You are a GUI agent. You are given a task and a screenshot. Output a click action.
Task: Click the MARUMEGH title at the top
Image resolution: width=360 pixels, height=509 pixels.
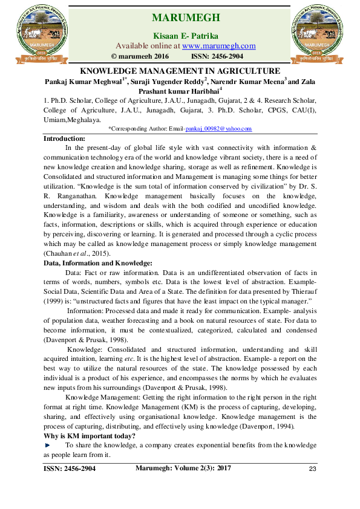[186, 16]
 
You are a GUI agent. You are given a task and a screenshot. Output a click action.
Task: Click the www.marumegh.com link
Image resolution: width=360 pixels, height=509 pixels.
[218, 46]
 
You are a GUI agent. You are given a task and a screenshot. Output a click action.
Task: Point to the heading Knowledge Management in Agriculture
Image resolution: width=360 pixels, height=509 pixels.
[180, 71]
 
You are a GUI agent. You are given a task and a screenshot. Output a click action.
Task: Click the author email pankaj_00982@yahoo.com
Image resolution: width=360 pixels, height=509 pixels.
[218, 129]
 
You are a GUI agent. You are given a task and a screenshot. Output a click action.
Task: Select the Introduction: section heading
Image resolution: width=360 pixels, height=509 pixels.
[65, 138]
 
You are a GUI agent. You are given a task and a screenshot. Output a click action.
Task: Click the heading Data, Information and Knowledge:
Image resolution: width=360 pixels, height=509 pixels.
[98, 263]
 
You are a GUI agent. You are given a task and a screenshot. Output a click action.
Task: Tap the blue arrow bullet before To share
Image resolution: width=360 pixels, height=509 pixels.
[48, 445]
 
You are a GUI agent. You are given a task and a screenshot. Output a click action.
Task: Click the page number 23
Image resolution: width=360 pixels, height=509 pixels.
[312, 470]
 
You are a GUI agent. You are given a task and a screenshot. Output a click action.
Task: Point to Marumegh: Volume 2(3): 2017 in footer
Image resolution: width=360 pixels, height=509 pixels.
[183, 468]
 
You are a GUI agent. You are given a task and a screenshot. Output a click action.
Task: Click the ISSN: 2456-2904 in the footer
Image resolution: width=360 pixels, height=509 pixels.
[70, 469]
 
